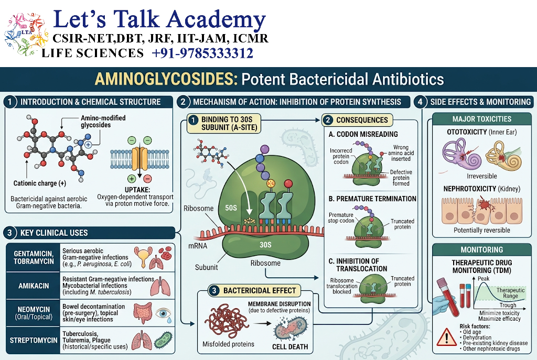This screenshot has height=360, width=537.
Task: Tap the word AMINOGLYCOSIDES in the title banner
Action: click(166, 79)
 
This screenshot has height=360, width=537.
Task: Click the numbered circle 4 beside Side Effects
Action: click(420, 102)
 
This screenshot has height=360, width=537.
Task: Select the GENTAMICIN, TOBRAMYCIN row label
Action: click(34, 257)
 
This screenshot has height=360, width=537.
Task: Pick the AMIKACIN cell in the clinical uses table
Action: click(34, 286)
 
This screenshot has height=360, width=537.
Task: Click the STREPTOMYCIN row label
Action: click(34, 340)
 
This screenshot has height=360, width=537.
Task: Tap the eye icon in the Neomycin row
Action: click(164, 313)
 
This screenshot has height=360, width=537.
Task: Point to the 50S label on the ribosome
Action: click(231, 208)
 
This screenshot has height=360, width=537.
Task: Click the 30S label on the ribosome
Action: click(265, 245)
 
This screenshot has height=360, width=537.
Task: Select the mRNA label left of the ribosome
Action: click(198, 246)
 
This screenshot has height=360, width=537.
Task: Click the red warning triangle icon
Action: click(447, 337)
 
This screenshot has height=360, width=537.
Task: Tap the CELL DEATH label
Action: click(290, 347)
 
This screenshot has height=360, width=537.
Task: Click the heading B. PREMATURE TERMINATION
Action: click(372, 199)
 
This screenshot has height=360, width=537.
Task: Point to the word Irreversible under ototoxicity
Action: click(481, 176)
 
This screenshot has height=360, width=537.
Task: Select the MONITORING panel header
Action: click(482, 250)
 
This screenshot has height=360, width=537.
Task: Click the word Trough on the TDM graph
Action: click(508, 305)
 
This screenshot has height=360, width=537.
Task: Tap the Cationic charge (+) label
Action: click(40, 183)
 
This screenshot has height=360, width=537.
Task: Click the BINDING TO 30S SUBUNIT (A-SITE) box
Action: click(223, 124)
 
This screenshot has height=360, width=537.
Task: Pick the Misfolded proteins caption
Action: click(228, 344)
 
